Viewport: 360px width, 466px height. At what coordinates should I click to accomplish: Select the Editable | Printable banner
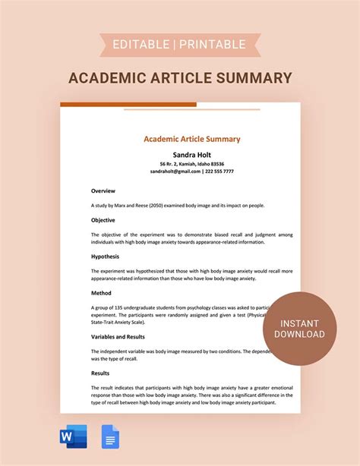click(180, 45)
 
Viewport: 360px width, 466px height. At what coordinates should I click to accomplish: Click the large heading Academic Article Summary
click(180, 77)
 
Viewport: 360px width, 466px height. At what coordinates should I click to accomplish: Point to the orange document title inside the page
click(192, 139)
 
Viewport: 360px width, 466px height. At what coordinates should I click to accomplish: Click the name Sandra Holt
click(192, 154)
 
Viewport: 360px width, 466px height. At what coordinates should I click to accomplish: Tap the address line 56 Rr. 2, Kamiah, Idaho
click(192, 163)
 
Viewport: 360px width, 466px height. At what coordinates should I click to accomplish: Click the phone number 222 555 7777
click(219, 172)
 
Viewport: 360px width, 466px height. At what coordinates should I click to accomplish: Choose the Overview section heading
click(103, 190)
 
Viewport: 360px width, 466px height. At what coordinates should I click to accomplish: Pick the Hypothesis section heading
click(106, 257)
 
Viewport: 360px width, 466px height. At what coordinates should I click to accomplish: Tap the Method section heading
click(102, 292)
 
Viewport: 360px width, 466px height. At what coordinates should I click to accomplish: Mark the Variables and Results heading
click(118, 336)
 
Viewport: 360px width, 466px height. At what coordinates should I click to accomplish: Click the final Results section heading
click(102, 373)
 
